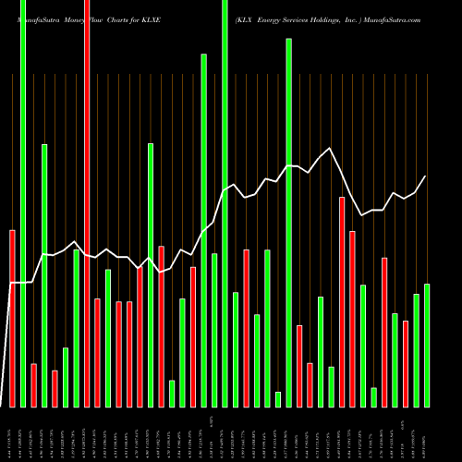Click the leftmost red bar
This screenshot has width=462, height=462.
12,318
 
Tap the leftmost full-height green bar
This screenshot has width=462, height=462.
23,203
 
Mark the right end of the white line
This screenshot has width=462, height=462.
426,176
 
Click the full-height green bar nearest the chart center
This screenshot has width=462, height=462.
225,203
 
